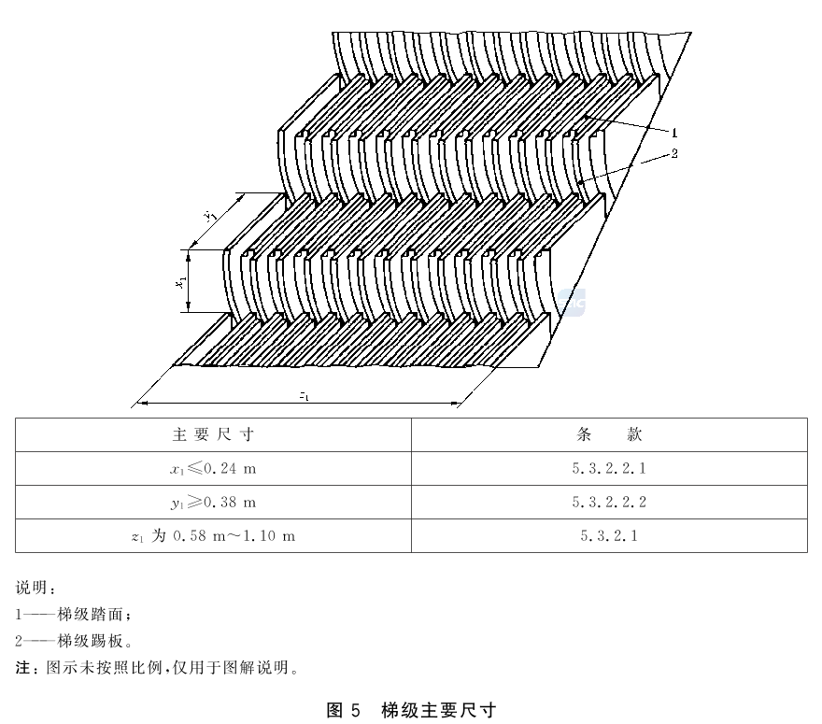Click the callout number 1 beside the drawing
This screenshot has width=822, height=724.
(x=674, y=133)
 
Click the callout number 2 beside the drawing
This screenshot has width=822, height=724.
(x=674, y=153)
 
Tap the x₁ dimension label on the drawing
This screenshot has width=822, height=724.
(x=180, y=281)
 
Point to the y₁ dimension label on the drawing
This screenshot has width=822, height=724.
(x=211, y=215)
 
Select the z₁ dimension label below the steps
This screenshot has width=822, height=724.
(x=304, y=396)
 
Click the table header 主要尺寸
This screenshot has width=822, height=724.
(x=213, y=434)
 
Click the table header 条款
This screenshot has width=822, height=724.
(x=609, y=434)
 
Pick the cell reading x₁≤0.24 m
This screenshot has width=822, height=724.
(x=213, y=468)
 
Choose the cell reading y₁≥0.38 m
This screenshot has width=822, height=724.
(x=213, y=503)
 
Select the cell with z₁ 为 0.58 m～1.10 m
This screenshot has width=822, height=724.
(x=213, y=536)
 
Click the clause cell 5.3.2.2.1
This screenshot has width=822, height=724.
(x=609, y=468)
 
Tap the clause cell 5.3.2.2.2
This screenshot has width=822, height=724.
(x=609, y=503)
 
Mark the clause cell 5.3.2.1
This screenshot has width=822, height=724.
(x=609, y=536)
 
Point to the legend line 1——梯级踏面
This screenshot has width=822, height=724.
(x=73, y=614)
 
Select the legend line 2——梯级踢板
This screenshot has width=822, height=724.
(x=74, y=641)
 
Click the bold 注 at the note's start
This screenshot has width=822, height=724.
(x=22, y=667)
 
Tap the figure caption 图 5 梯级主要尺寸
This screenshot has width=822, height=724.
(x=411, y=710)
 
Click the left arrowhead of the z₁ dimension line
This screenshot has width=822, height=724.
(x=142, y=404)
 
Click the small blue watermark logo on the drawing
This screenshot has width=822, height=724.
(x=571, y=303)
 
